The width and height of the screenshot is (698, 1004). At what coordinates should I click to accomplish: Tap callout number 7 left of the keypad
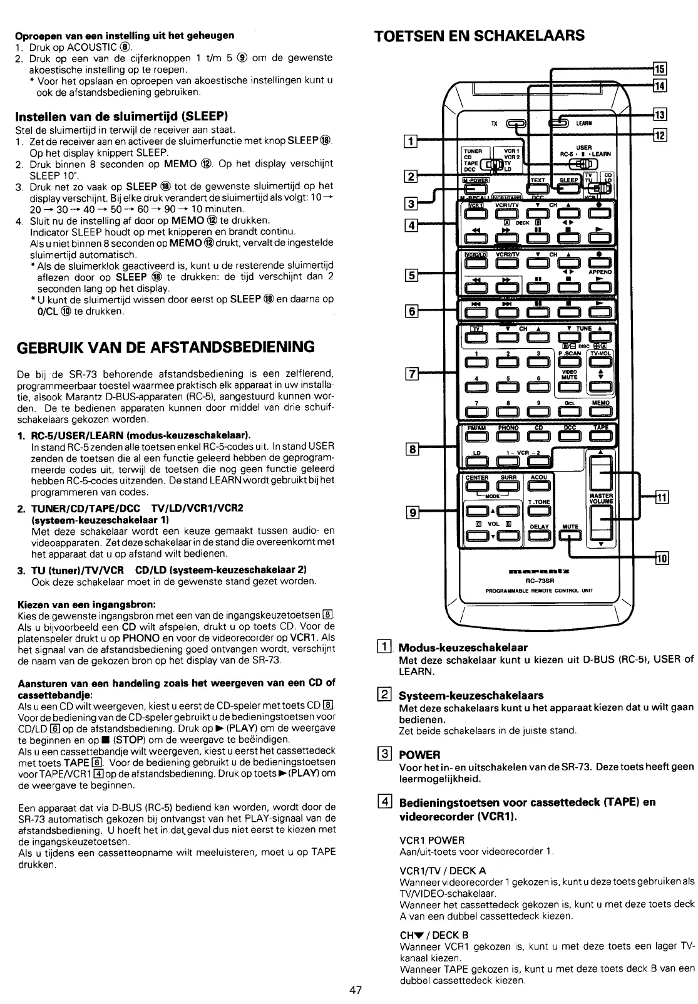click(412, 375)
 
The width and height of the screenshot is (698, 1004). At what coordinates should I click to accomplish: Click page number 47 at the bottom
click(356, 990)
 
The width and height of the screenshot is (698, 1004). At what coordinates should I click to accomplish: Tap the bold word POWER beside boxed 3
click(420, 754)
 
